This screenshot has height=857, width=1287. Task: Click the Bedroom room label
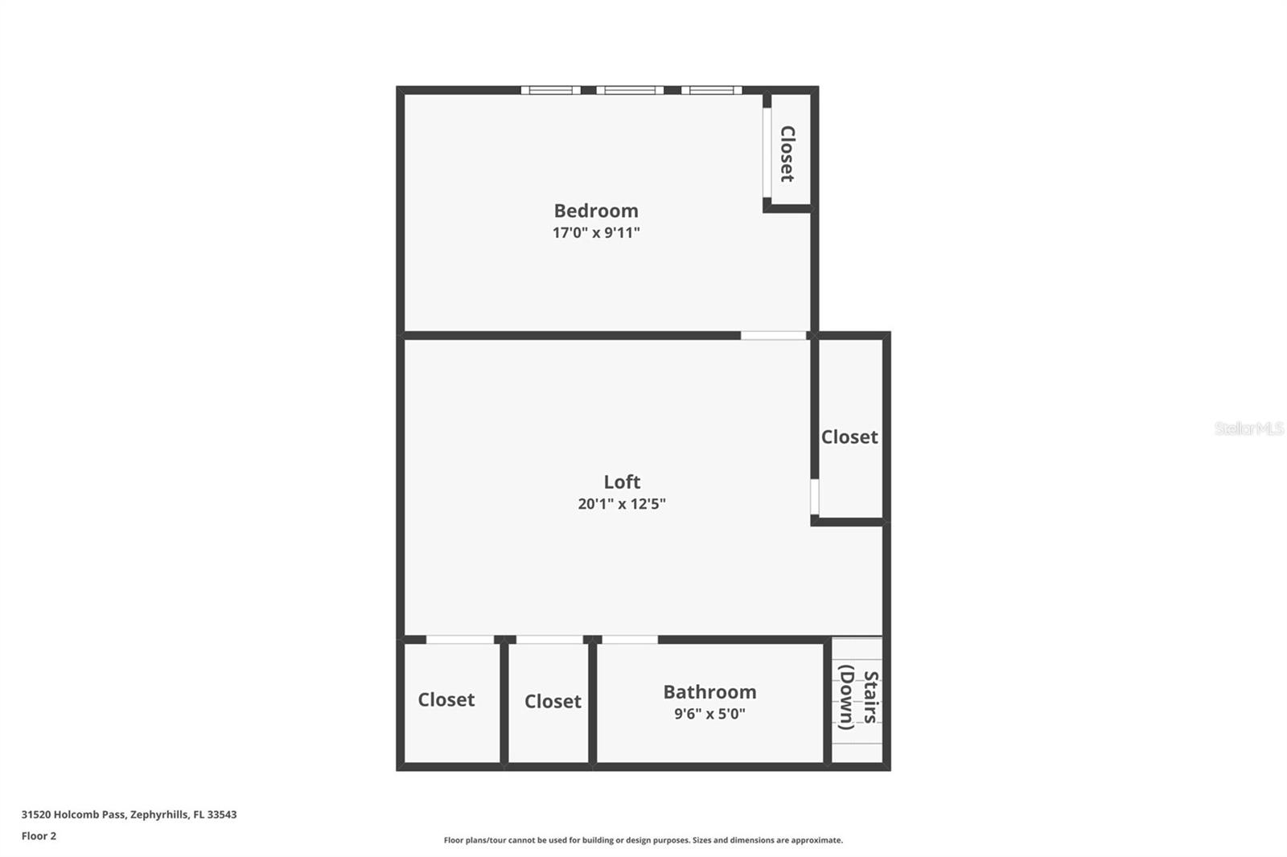coord(596,211)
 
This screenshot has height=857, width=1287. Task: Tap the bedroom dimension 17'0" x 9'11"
coord(596,233)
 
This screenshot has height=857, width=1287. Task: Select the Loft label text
coord(622,482)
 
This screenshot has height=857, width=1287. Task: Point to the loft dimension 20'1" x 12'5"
coord(622,504)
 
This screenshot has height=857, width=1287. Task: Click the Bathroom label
coord(709,691)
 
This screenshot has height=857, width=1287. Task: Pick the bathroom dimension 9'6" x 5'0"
coord(709,714)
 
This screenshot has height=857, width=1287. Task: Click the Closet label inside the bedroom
coord(787,153)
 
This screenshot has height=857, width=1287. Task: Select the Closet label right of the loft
coord(849,437)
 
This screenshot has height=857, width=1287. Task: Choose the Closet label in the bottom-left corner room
coord(446,699)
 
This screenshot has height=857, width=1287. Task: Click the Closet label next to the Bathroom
coord(553,701)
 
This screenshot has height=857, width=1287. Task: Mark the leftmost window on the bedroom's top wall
coord(550,90)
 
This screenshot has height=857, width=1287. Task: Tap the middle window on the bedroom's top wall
coord(630,90)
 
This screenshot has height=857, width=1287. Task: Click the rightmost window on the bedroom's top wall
coord(712,90)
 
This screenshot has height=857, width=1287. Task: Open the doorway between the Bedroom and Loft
coord(773,335)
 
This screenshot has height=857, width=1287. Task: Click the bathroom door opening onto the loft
coord(630,640)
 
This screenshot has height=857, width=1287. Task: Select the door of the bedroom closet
coord(767,153)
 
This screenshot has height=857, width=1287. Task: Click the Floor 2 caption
coord(39,836)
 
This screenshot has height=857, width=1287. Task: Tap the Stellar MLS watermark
coord(1248,428)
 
